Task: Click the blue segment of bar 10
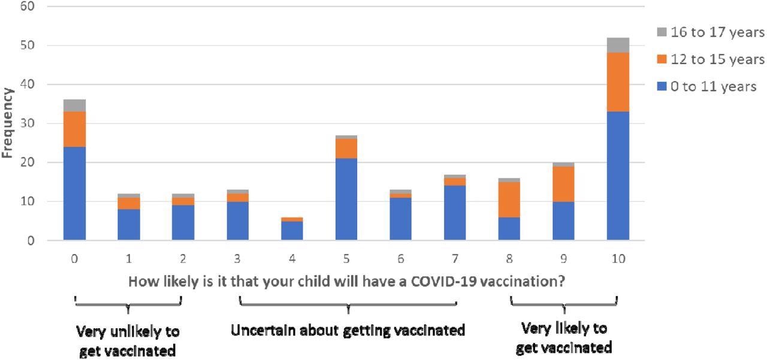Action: coord(618,176)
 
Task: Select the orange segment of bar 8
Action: coord(509,199)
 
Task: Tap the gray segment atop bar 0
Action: coord(74,105)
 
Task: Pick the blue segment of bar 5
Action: coord(346,199)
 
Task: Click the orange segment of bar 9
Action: coord(563,184)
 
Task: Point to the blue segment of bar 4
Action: coord(292,231)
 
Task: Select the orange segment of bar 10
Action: coord(618,82)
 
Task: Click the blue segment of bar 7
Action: coord(455,213)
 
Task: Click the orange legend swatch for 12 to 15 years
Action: coord(662,59)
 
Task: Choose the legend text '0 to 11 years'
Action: coord(713,87)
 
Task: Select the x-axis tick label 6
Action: coord(400,259)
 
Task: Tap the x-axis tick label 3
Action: coord(238,259)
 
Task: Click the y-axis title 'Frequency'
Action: coord(8,123)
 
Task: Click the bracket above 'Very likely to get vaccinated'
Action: coord(564,301)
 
